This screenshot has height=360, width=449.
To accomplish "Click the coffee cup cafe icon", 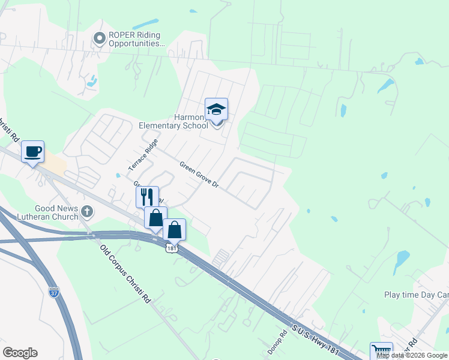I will pos(33,151).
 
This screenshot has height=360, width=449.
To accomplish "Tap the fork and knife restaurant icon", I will pos(147,196).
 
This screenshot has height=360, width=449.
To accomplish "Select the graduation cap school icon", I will pos(216,109).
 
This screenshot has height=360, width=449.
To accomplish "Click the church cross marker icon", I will pos(87,211).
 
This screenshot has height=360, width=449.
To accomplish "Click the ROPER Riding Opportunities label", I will pos(136,40).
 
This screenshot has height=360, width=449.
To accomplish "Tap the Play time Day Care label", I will pos(416,295).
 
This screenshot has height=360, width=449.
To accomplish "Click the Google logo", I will pos(20,353).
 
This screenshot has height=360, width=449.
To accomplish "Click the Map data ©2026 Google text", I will pos(412,355).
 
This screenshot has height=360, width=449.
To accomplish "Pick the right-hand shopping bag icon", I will pos(174,230).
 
